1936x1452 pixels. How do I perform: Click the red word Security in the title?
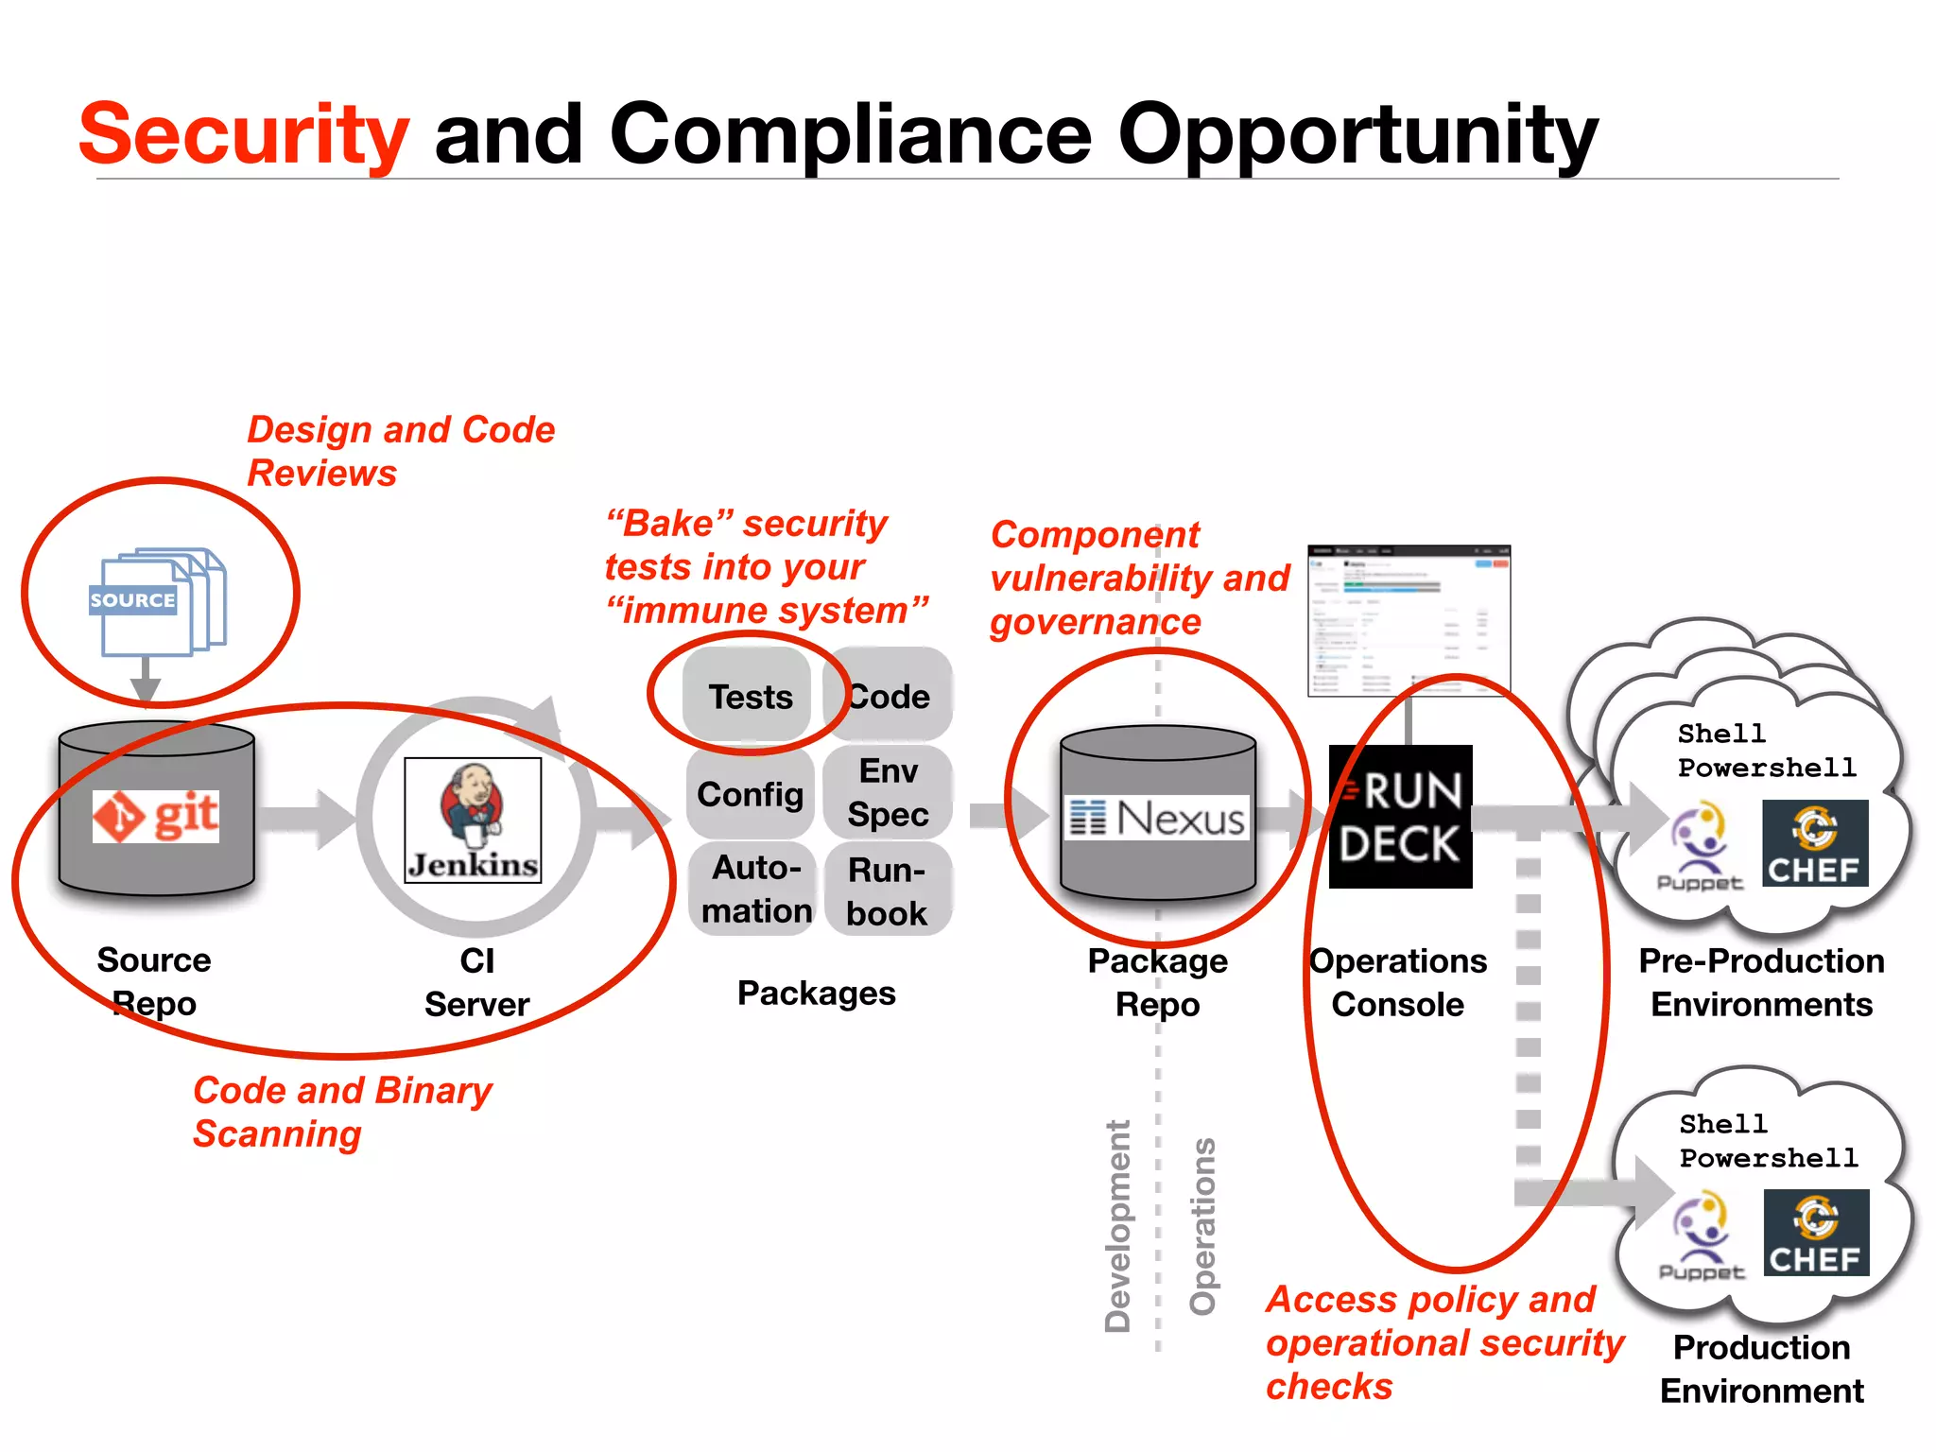point(244,134)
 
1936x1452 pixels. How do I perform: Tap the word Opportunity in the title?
point(1357,134)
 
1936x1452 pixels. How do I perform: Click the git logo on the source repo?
point(156,816)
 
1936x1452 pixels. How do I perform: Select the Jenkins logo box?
point(473,820)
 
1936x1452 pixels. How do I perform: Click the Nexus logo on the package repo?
point(1157,818)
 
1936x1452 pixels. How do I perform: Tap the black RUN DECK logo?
point(1400,817)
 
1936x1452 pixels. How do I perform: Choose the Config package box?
point(750,794)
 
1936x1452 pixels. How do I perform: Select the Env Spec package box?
point(888,792)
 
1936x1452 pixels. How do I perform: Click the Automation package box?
point(755,889)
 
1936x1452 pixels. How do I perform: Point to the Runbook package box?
point(887,890)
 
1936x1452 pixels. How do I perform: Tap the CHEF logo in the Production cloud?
point(1815,1233)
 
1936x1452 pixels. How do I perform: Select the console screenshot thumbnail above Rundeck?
point(1409,620)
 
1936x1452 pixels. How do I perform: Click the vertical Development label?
point(1118,1226)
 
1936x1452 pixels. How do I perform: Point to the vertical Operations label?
point(1202,1226)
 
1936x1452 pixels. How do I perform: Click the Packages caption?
point(816,994)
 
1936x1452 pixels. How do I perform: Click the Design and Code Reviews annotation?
point(400,451)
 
